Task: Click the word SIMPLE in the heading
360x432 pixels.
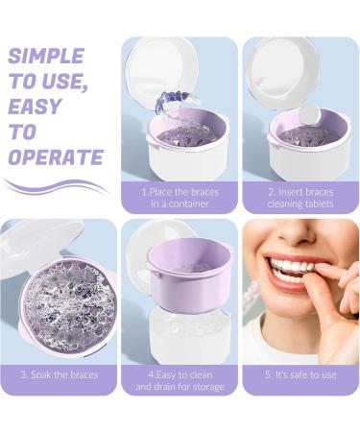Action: (45, 56)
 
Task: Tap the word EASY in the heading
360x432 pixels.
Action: (35, 107)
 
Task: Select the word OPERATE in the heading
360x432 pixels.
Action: (55, 156)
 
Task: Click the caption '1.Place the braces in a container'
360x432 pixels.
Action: (180, 198)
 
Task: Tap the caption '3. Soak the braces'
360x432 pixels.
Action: (59, 374)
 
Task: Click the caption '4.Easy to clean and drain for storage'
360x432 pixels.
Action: (180, 380)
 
